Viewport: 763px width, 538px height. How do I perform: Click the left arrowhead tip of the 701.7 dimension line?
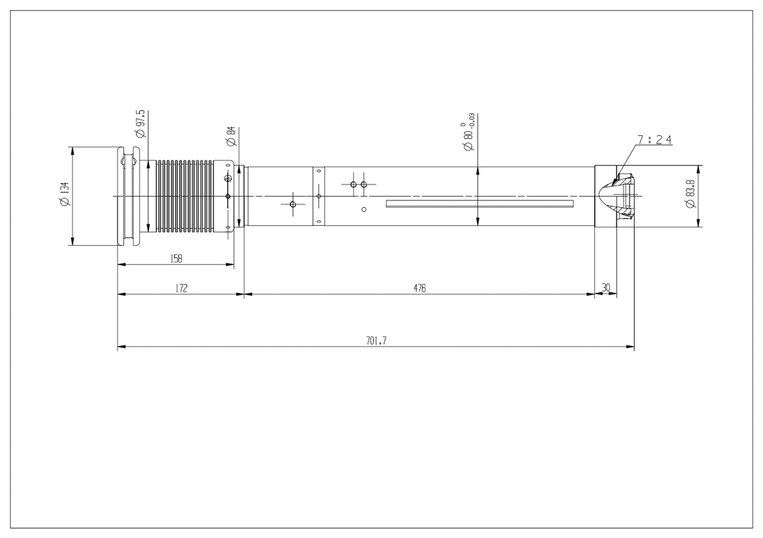(118, 347)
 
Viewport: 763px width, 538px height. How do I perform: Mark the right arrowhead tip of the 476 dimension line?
(595, 294)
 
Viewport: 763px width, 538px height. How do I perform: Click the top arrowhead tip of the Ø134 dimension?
(72, 147)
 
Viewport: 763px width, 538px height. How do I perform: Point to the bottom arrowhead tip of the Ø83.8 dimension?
(699, 227)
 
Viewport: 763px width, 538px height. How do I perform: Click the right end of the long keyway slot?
(574, 204)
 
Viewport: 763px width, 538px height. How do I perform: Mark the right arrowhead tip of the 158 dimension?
(234, 264)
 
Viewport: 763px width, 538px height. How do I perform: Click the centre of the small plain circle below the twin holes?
(364, 209)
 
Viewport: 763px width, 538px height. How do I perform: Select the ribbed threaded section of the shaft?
(184, 196)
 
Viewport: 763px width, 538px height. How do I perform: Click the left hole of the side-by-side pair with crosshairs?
(354, 185)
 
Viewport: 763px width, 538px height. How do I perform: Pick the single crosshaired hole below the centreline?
(293, 204)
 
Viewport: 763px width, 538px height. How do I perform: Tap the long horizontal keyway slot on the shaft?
(480, 204)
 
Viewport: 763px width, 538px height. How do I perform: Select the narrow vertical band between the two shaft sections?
(318, 196)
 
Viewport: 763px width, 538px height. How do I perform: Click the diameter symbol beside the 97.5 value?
(141, 132)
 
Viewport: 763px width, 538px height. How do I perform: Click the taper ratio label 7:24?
(655, 140)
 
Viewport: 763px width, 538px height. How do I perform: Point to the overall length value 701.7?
(376, 341)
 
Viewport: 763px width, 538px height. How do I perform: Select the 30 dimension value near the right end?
(606, 288)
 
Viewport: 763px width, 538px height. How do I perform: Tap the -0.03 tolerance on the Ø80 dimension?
(471, 120)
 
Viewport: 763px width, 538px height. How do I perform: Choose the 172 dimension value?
(181, 288)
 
